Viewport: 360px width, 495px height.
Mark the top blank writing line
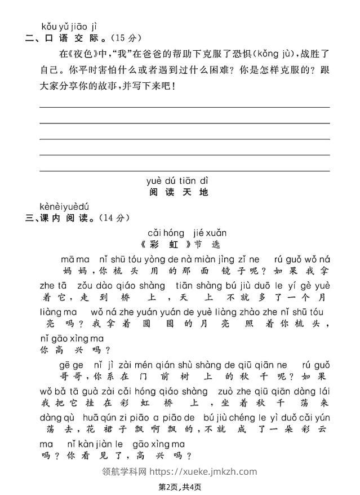(x=184, y=107)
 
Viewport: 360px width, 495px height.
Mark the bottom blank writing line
(x=184, y=170)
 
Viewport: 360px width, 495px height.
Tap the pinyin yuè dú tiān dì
(x=177, y=180)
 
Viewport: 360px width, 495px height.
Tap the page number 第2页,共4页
(x=179, y=487)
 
